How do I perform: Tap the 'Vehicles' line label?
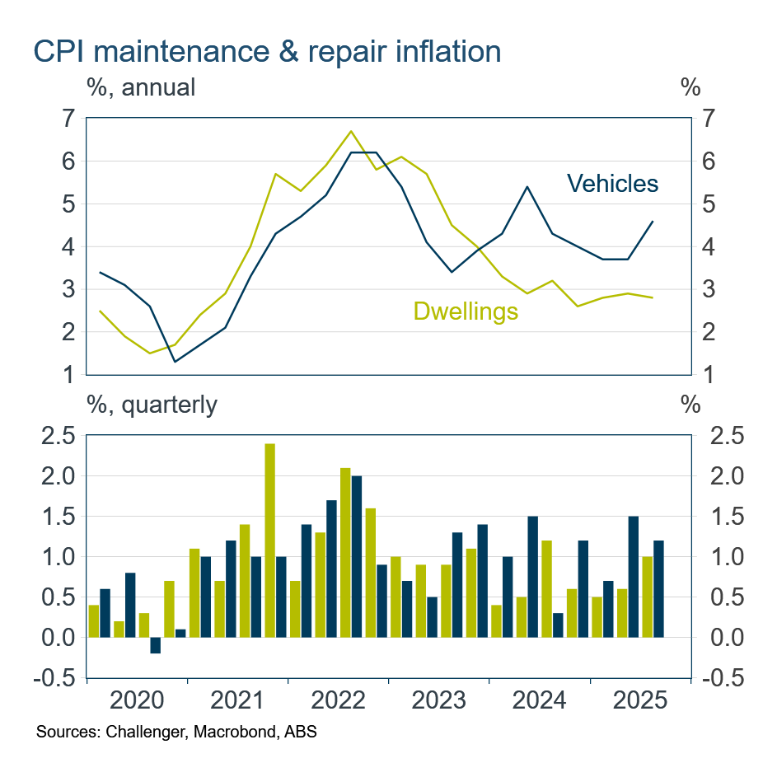pyautogui.click(x=613, y=183)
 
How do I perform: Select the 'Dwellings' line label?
pyautogui.click(x=466, y=311)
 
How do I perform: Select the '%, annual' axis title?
pyautogui.click(x=141, y=87)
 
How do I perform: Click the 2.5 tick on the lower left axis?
pyautogui.click(x=58, y=436)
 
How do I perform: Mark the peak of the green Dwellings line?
pyautogui.click(x=351, y=131)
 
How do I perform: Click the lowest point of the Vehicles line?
pyautogui.click(x=175, y=362)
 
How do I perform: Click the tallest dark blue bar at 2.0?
pyautogui.click(x=357, y=556)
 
